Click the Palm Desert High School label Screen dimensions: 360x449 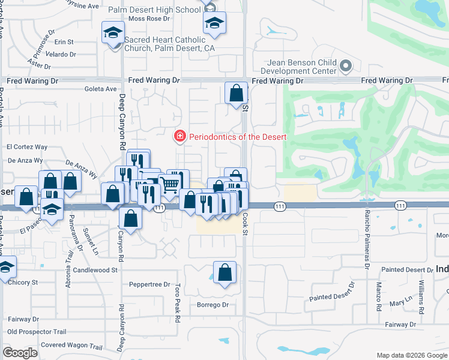(x=154, y=10)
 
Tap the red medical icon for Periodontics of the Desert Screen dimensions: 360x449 (x=179, y=137)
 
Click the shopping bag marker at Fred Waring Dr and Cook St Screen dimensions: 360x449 (x=237, y=93)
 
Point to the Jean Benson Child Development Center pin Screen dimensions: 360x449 (x=345, y=65)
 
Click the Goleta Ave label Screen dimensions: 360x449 (x=102, y=89)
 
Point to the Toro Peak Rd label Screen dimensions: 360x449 (x=177, y=304)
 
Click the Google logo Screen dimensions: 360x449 (x=20, y=353)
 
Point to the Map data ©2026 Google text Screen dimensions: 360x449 (x=411, y=355)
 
